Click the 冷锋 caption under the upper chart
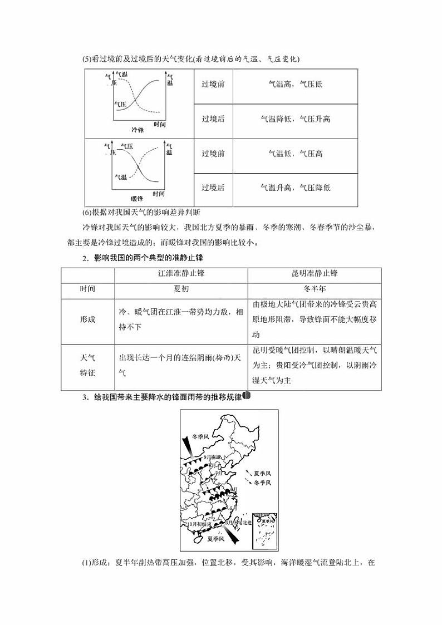click(137, 130)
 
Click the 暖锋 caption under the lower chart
click(137, 199)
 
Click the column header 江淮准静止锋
click(181, 274)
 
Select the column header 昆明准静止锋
click(315, 274)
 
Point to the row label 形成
click(87, 319)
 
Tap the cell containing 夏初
click(181, 289)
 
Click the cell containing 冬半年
click(315, 289)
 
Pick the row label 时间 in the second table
click(87, 289)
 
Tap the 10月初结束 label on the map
click(199, 524)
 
